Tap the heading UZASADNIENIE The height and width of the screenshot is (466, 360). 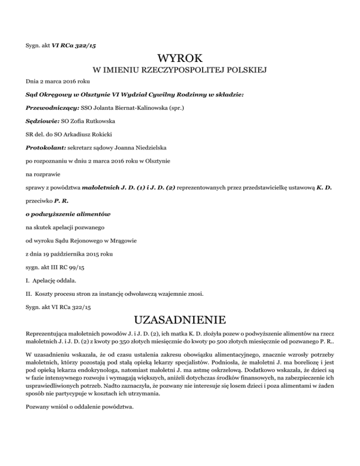(x=180, y=321)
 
